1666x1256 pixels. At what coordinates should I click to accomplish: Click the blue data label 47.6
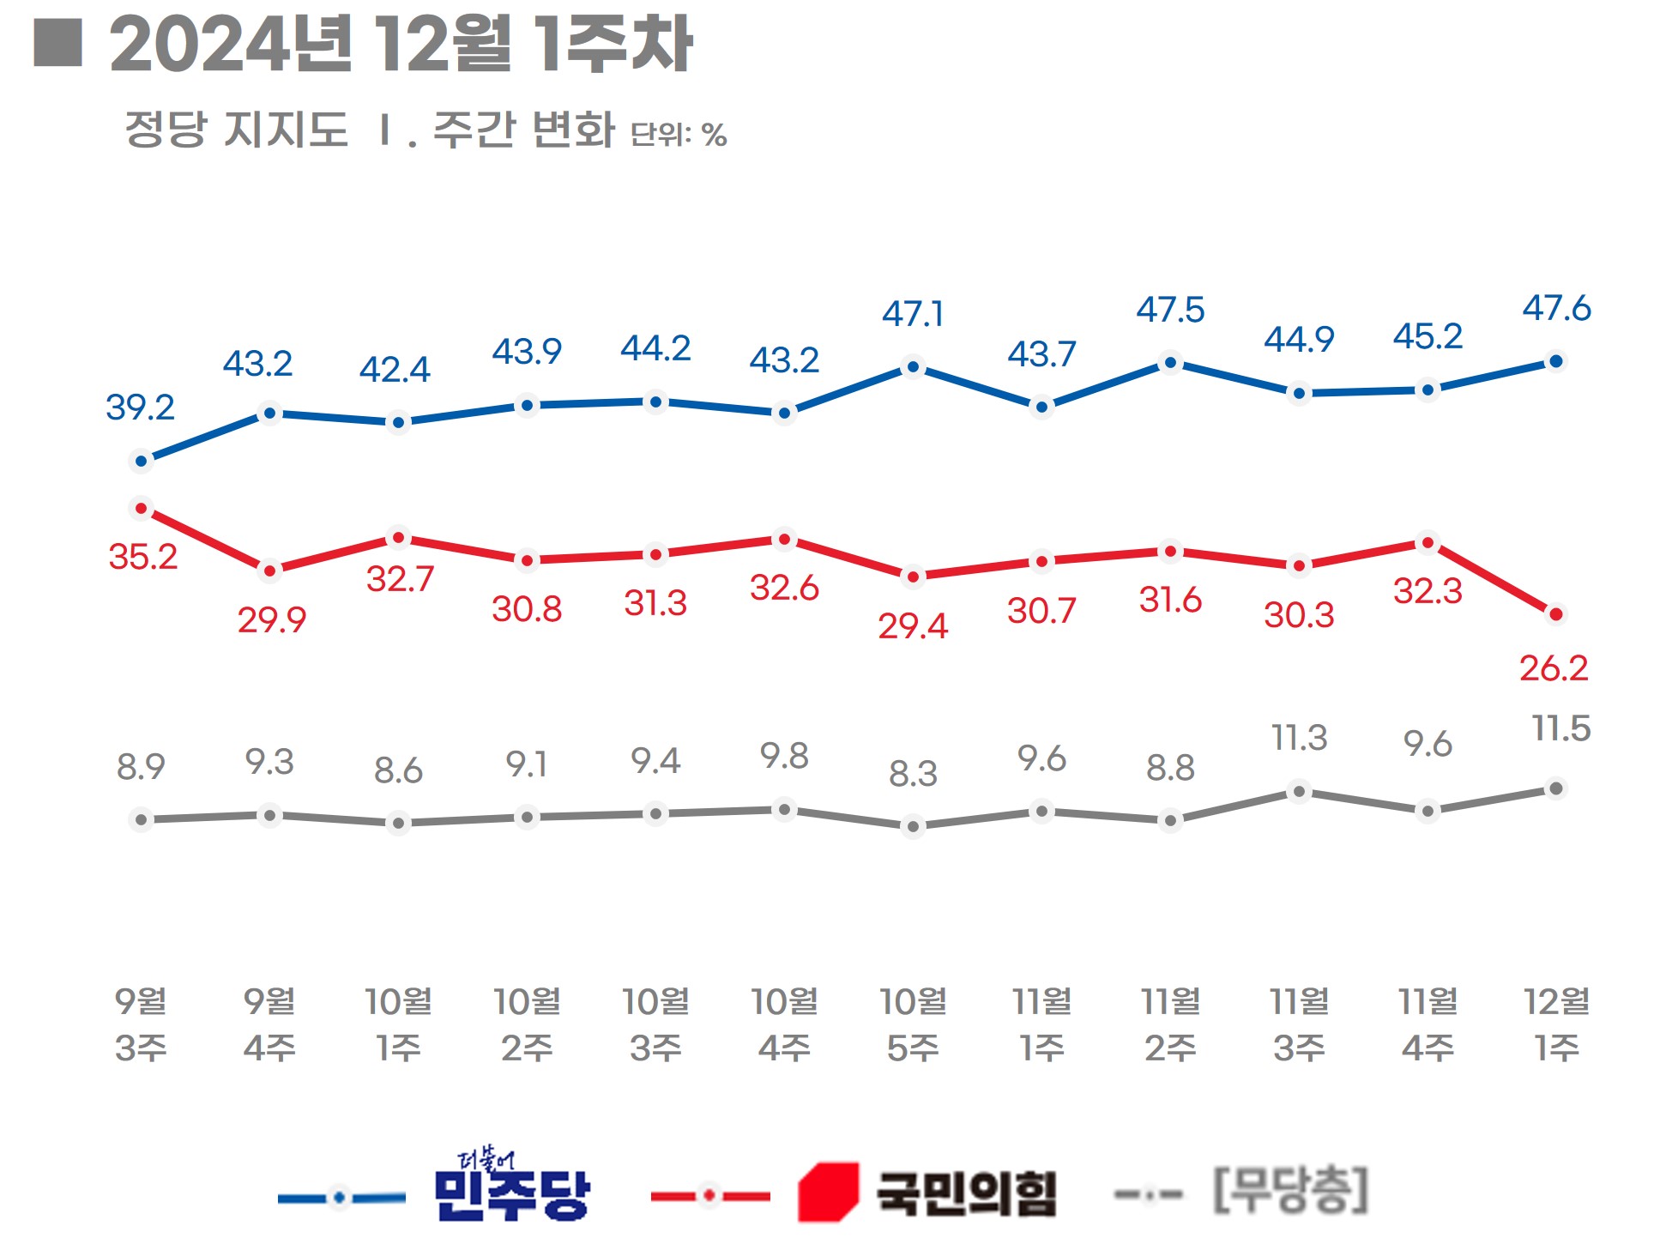pos(1556,308)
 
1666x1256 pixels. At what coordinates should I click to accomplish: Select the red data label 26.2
pos(1554,668)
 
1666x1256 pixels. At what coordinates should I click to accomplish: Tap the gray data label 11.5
pos(1561,728)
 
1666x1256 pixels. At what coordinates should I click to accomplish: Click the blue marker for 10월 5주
pos(913,367)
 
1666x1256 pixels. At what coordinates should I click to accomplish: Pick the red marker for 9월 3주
pos(142,509)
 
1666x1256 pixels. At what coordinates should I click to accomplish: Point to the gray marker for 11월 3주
pos(1299,791)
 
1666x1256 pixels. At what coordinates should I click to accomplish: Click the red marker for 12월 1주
pos(1555,613)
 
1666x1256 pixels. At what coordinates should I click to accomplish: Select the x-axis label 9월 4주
pos(269,1024)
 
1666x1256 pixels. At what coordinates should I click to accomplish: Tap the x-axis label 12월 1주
pos(1556,1024)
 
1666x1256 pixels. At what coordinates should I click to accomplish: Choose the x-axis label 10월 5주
pos(913,1024)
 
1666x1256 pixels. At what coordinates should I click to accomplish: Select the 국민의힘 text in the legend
pos(966,1193)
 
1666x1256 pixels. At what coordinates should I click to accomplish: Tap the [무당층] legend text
pos(1290,1190)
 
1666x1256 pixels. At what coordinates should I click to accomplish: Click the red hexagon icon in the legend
pos(828,1191)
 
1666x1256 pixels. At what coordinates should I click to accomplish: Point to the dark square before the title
pos(58,43)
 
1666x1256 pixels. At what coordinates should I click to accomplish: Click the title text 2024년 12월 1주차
pos(401,45)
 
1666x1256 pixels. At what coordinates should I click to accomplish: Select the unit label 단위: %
pos(679,135)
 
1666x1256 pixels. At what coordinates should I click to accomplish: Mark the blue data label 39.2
pos(140,408)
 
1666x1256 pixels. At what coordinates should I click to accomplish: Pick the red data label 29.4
pos(913,626)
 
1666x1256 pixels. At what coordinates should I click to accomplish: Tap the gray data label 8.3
pos(913,774)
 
